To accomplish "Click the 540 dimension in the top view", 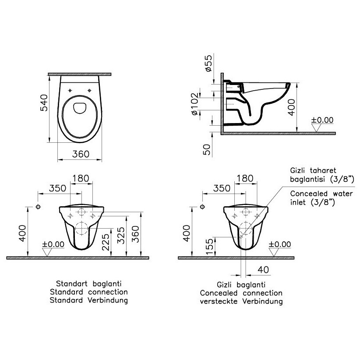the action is (44, 102).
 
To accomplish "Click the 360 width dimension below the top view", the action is (81, 154).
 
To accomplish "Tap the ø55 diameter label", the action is (209, 64).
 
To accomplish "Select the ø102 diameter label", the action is (194, 104).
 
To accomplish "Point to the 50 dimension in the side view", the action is (207, 150).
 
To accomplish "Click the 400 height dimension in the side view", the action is (291, 107).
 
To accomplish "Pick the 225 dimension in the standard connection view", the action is (106, 242).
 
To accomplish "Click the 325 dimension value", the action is (121, 235).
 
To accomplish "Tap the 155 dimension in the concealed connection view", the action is (209, 247).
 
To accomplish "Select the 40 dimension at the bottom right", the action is (263, 270).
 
